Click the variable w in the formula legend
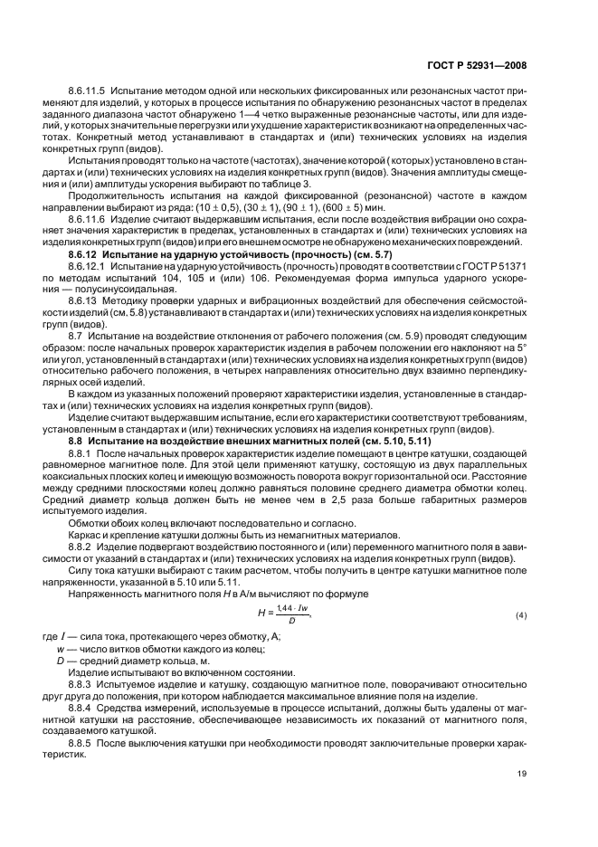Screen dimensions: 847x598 (x=60, y=648)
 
